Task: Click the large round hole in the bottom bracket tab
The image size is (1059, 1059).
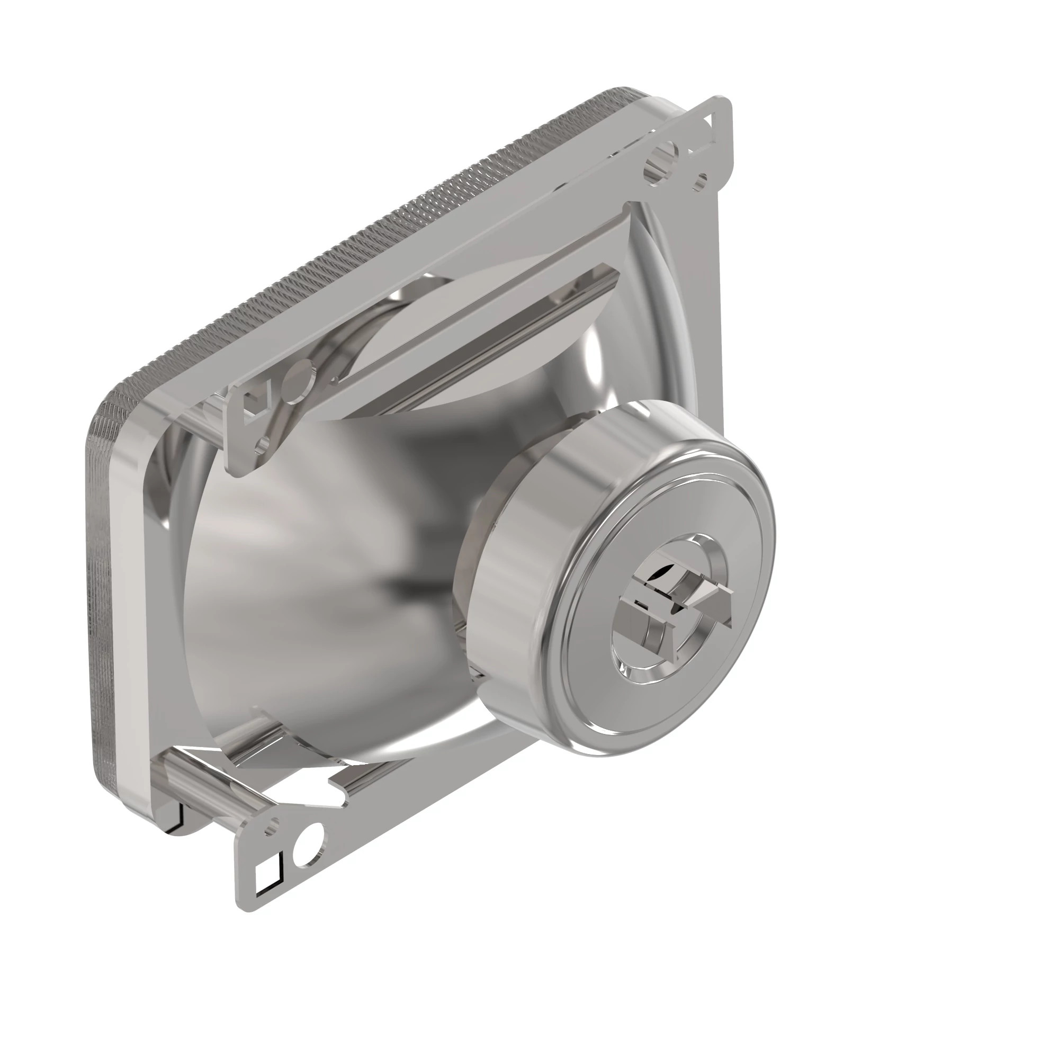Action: tap(308, 852)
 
